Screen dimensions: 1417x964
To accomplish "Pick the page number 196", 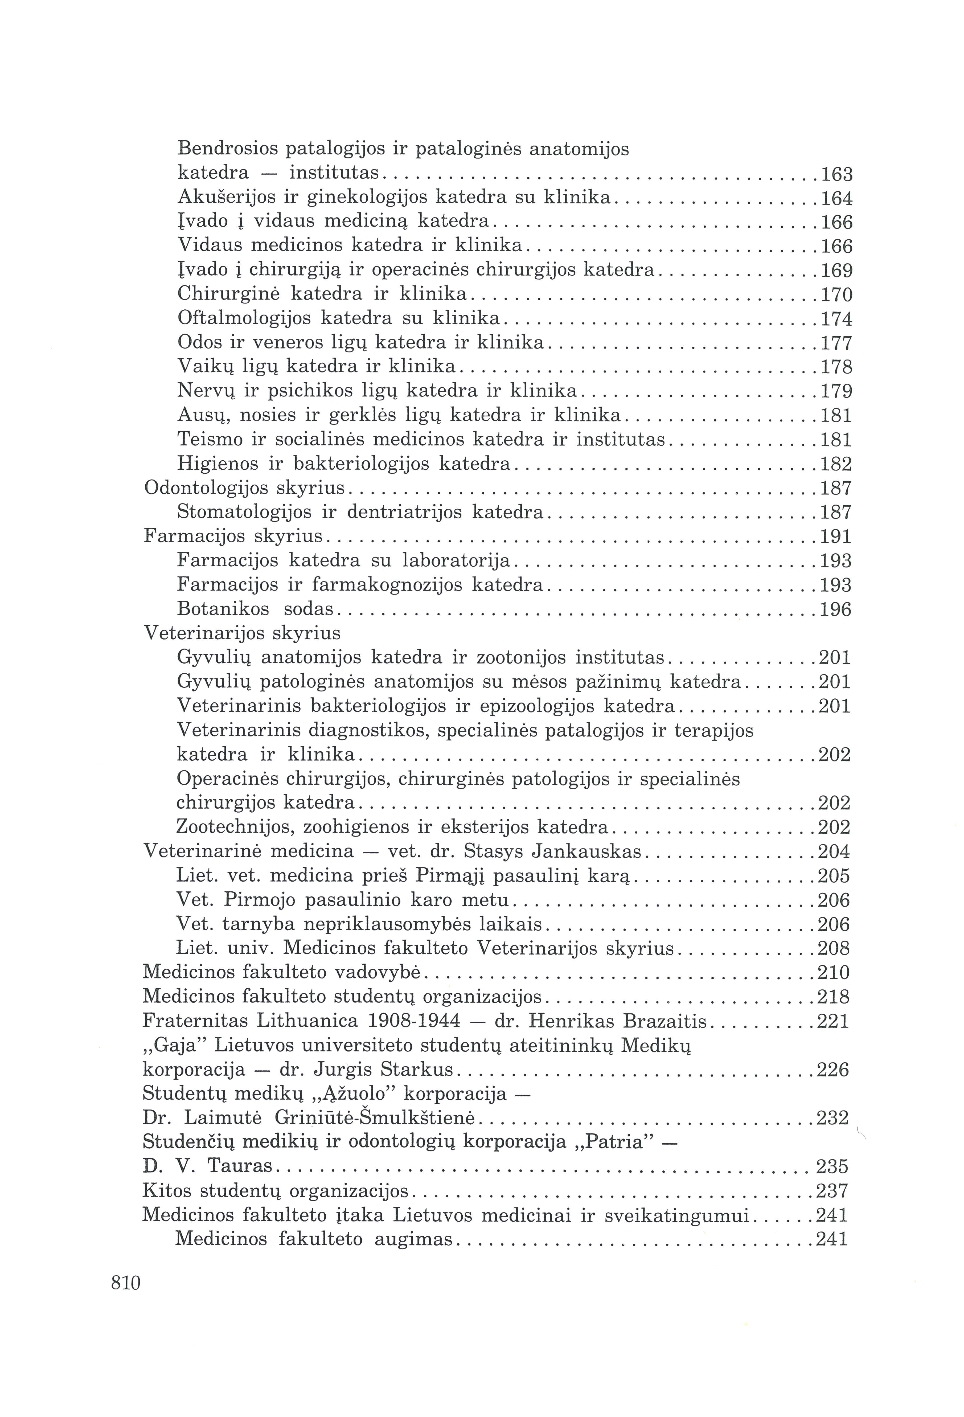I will click(835, 610).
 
